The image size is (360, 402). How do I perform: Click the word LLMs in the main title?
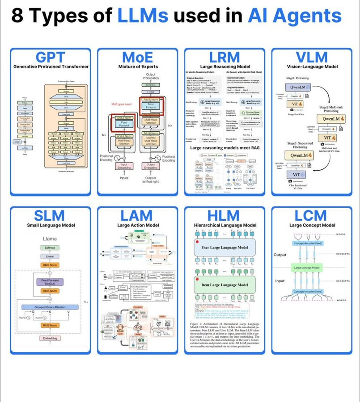[143, 17]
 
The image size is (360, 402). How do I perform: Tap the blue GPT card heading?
[51, 57]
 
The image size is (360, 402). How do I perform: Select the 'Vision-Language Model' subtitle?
[312, 67]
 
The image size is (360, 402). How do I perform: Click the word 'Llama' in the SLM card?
[50, 239]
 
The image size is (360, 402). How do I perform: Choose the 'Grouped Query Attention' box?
[50, 307]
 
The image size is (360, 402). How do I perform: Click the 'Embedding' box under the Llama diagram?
[50, 339]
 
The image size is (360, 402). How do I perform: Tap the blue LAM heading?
[137, 216]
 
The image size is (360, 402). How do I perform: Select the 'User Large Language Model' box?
[224, 247]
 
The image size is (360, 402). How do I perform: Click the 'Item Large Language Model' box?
[224, 285]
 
